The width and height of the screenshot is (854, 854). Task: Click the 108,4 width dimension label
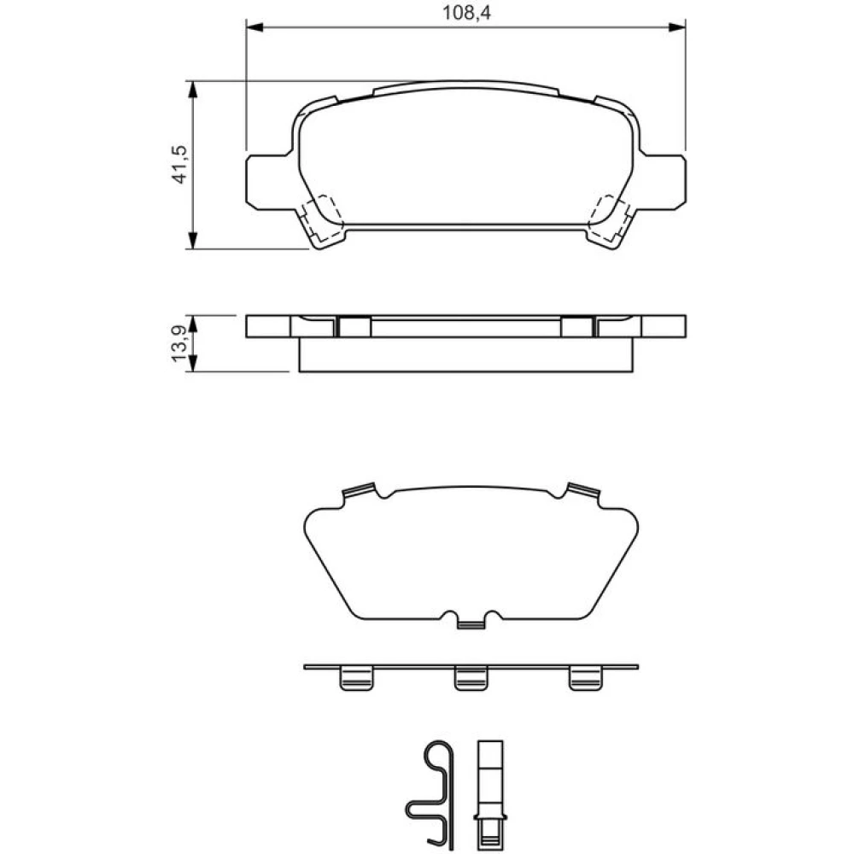click(x=466, y=12)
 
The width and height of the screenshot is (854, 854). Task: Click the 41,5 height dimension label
click(x=179, y=165)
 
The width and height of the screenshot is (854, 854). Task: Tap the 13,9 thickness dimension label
click(x=179, y=344)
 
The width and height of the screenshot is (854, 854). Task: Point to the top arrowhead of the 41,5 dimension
click(x=191, y=90)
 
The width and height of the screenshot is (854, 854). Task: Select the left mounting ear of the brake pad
click(x=268, y=182)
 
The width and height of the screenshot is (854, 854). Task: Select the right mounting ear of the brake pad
click(x=664, y=182)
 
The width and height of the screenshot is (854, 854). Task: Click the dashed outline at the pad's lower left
click(x=323, y=218)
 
